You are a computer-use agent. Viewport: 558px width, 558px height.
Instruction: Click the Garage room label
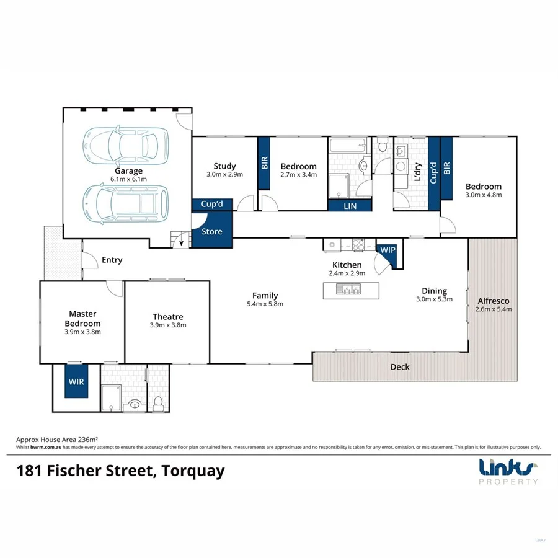click(x=128, y=171)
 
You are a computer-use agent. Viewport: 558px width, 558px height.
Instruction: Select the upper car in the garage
click(x=126, y=144)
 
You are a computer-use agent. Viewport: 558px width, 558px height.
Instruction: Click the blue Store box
click(x=211, y=232)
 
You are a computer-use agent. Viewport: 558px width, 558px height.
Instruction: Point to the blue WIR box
click(x=76, y=382)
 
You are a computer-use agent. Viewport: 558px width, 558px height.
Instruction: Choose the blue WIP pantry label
click(x=387, y=249)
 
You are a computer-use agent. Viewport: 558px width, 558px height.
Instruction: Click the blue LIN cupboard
click(x=350, y=206)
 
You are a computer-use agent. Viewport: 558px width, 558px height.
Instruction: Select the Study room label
click(x=224, y=166)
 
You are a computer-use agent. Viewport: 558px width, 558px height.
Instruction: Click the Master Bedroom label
click(x=82, y=319)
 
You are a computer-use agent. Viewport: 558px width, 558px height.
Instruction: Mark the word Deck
click(x=400, y=367)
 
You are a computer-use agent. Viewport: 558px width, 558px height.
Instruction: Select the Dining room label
click(x=434, y=291)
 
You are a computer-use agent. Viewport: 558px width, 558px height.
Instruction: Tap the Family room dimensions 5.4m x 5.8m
click(x=265, y=304)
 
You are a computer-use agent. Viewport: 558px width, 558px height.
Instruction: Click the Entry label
click(x=112, y=260)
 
